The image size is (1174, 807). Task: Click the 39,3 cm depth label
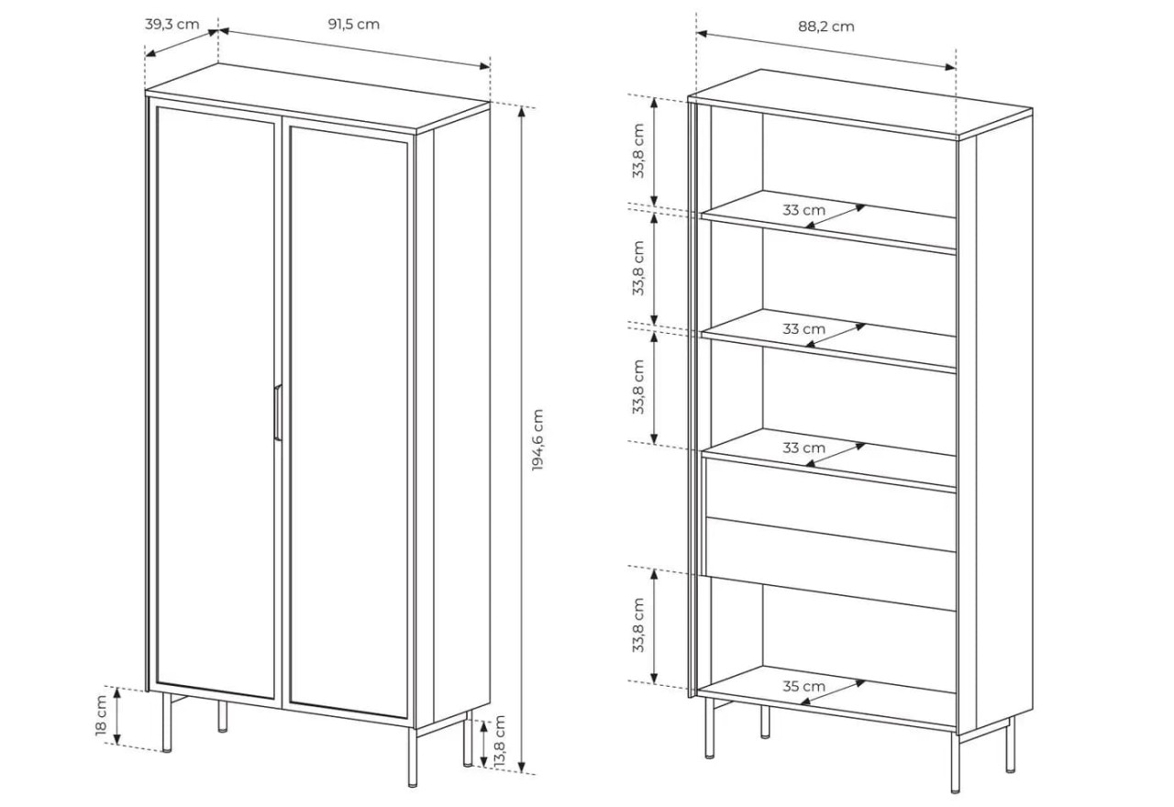172,25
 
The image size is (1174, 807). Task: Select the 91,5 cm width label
354,25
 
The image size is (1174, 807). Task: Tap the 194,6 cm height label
537,439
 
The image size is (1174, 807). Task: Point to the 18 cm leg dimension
101,715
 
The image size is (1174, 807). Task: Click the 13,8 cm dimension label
499,742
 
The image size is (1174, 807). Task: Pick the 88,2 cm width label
826,27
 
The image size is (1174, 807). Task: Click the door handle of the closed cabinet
278,413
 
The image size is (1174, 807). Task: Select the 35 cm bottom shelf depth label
803,686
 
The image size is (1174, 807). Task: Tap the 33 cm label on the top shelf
803,210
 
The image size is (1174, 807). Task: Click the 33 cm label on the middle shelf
803,329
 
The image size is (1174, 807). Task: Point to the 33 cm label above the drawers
803,448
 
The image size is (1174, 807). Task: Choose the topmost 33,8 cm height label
637,151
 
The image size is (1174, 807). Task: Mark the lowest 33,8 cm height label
637,625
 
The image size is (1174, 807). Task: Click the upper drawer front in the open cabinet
831,503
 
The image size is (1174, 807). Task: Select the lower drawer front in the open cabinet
831,564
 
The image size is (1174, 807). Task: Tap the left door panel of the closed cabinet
216,403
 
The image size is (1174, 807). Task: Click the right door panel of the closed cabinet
349,422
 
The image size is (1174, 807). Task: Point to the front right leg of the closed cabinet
413,757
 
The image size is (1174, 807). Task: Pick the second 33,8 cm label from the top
637,269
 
